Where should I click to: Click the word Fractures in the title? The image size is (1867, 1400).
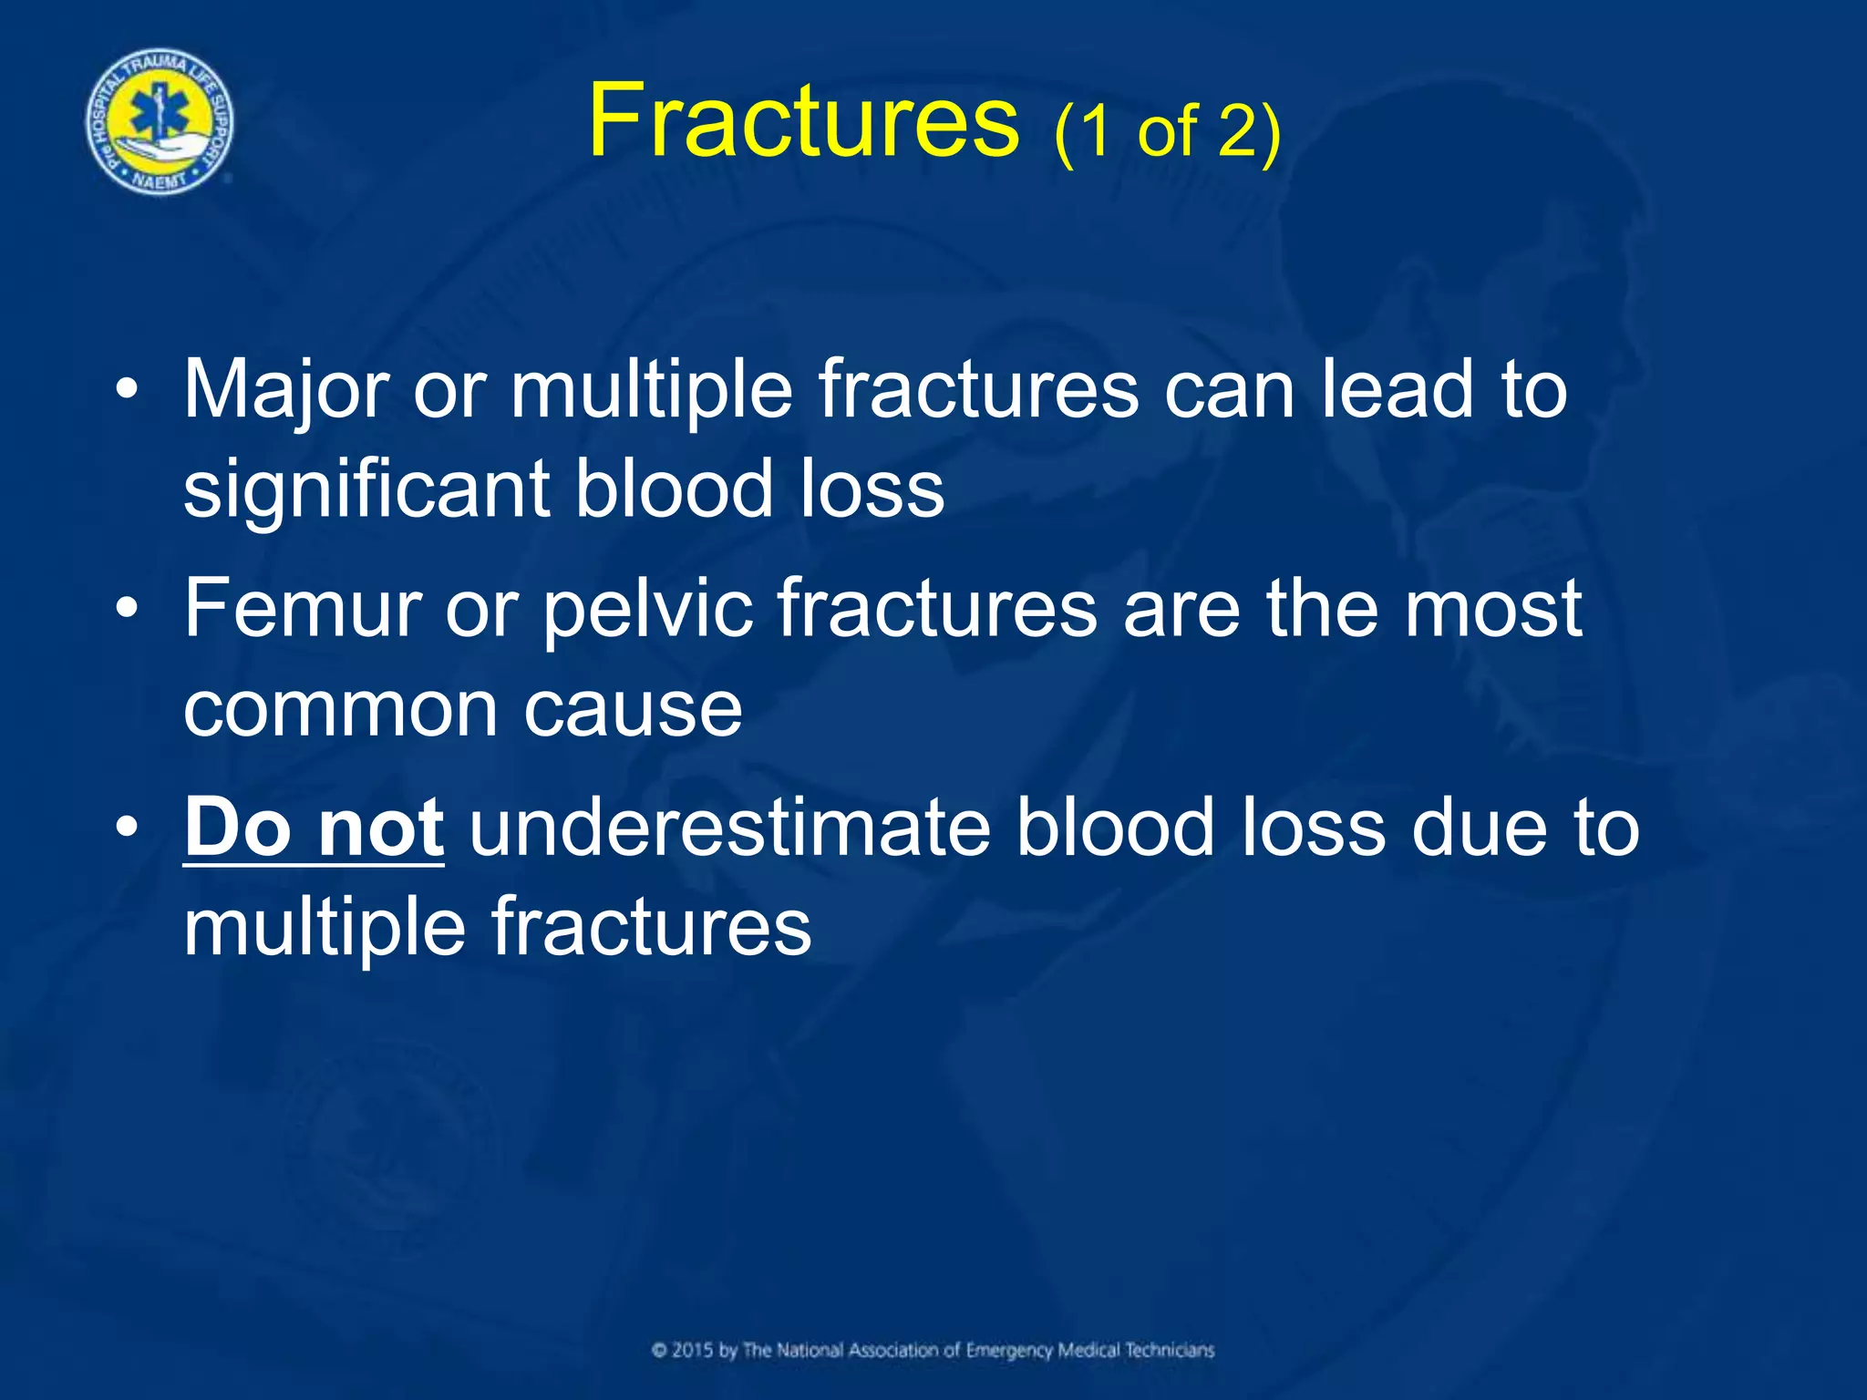click(803, 120)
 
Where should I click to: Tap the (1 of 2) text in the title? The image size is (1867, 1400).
click(1167, 132)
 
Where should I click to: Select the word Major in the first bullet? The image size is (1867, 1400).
click(285, 390)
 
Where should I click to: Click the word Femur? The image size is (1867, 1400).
click(302, 608)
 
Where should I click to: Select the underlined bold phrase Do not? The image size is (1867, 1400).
click(314, 827)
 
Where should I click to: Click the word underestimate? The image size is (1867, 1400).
click(729, 827)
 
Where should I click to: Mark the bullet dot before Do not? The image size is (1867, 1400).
click(129, 828)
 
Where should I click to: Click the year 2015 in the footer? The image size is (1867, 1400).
click(693, 1350)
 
